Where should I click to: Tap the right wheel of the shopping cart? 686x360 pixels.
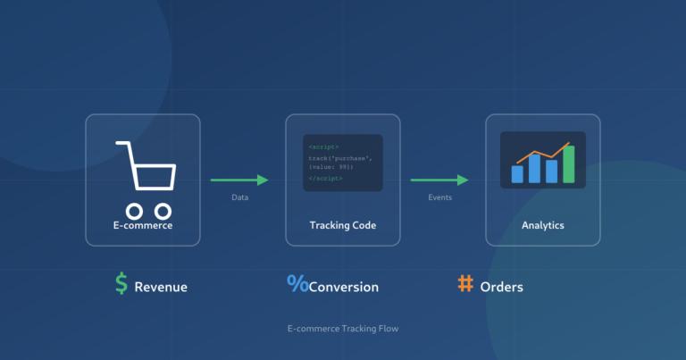coord(163,211)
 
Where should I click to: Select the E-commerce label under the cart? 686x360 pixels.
coord(143,225)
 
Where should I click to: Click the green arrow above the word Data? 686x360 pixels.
coord(239,180)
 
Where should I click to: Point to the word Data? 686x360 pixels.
coord(239,197)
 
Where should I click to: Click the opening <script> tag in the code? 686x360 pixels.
coord(323,147)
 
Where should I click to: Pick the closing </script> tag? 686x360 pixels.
coord(325,178)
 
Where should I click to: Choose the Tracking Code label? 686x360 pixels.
coord(342,225)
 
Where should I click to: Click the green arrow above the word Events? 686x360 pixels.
coord(439,180)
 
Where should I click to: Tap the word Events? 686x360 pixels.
coord(439,197)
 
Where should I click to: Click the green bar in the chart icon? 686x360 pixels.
coord(569,166)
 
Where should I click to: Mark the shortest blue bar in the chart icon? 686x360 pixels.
coord(517,174)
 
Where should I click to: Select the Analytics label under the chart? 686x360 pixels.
coord(542,225)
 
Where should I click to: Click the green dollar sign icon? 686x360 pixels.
coord(121,284)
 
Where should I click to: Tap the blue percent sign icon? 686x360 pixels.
coord(297,284)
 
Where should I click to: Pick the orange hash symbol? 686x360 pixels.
coord(465,284)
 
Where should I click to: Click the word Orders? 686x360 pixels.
coord(502,287)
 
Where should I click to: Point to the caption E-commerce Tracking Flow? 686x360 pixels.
coord(343,329)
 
